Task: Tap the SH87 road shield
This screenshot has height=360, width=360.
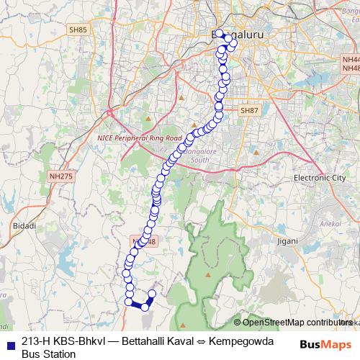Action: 249,110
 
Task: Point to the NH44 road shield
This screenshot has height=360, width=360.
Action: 351,59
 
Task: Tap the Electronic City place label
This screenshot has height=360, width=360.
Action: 320,177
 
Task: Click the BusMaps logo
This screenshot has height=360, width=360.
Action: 325,343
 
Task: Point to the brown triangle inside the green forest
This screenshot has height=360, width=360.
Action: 207,274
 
